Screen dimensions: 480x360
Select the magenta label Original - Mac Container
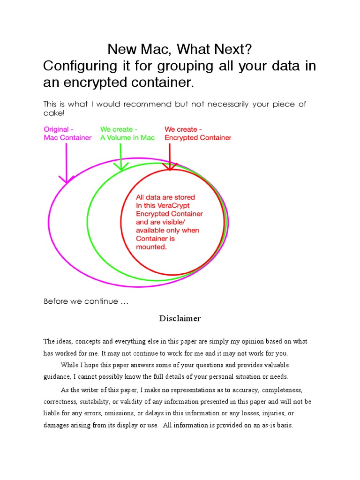tap(67, 133)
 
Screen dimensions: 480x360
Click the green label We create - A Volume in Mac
tap(127, 133)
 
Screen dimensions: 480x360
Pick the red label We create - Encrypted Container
tap(197, 133)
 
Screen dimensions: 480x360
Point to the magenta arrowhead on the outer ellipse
tap(67, 180)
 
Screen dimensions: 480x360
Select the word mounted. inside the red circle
tap(151, 247)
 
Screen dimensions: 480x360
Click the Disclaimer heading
tap(180, 319)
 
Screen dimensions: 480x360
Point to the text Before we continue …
tap(86, 301)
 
